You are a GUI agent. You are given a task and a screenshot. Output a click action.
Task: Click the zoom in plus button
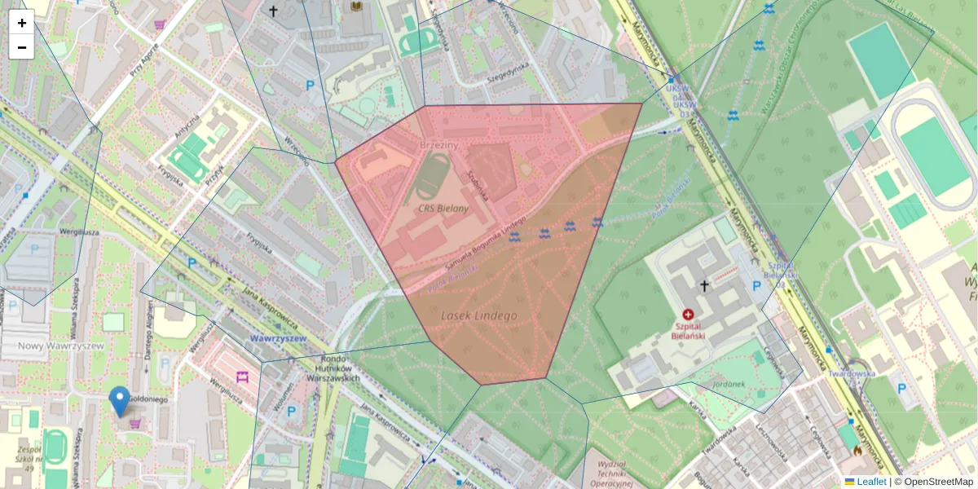[22, 23]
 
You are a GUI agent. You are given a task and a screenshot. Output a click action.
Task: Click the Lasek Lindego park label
[478, 315]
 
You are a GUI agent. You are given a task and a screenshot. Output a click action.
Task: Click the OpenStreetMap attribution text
[937, 482]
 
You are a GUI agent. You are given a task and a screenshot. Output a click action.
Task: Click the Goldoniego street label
[148, 400]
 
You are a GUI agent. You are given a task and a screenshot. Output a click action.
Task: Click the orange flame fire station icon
[857, 450]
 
